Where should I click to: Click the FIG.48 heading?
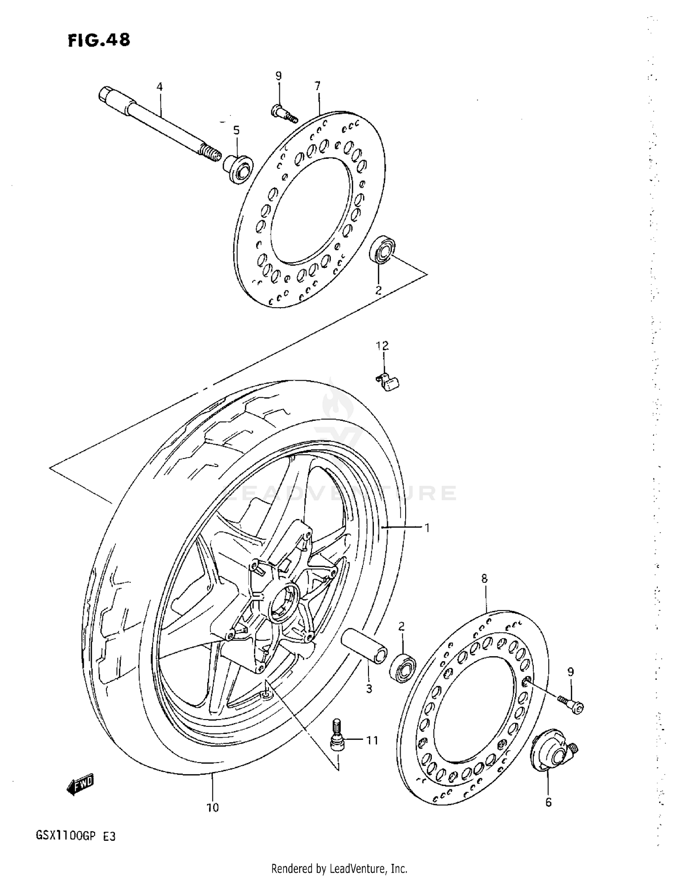[x=99, y=40]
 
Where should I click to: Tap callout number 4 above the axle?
[x=159, y=86]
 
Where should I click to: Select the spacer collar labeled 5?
[x=238, y=168]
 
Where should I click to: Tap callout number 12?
[x=382, y=346]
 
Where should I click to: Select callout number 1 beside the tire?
[x=426, y=527]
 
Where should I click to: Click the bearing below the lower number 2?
[x=402, y=667]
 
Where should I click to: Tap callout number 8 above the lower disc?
[x=484, y=578]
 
